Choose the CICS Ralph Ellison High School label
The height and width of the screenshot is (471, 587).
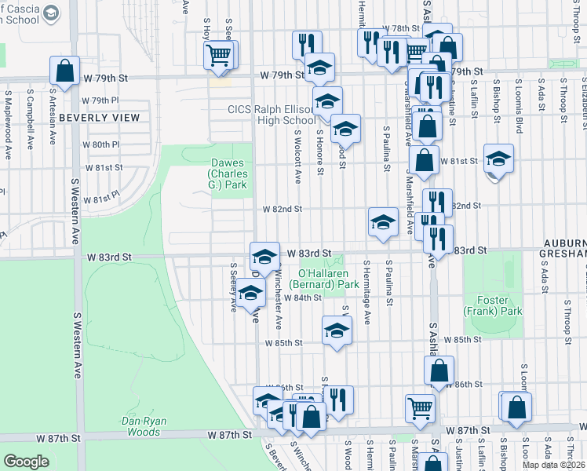click(272, 115)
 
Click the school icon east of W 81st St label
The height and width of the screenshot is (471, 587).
click(498, 158)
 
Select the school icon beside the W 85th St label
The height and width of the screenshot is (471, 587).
click(336, 330)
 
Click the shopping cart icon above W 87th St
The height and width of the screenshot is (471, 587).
click(420, 407)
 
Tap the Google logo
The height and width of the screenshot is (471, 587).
click(27, 462)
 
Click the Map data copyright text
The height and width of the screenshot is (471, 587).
click(553, 465)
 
